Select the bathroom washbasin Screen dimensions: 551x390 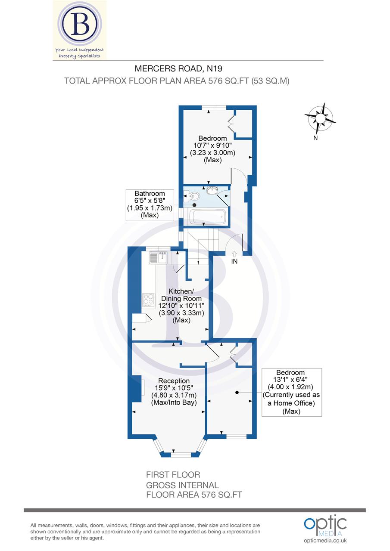pyautogui.click(x=212, y=190)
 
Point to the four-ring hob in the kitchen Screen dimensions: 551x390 pyautogui.click(x=148, y=299)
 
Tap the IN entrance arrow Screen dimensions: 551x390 pyautogui.click(x=234, y=254)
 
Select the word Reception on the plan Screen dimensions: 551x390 pyautogui.click(x=174, y=381)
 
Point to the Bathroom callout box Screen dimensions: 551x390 pyautogui.click(x=149, y=205)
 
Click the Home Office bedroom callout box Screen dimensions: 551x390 pyautogui.click(x=292, y=392)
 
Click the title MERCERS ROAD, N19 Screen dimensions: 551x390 pyautogui.click(x=178, y=68)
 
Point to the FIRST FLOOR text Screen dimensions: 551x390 pyautogui.click(x=173, y=475)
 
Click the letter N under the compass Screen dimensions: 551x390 pyautogui.click(x=315, y=138)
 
